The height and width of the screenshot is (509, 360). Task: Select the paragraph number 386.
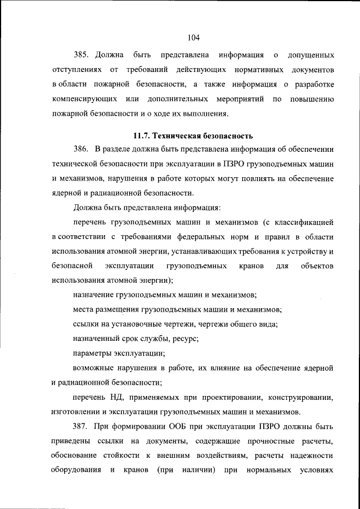point(82,149)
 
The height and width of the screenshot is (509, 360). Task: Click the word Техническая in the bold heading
point(177,136)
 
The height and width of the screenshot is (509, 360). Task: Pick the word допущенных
point(311,56)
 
